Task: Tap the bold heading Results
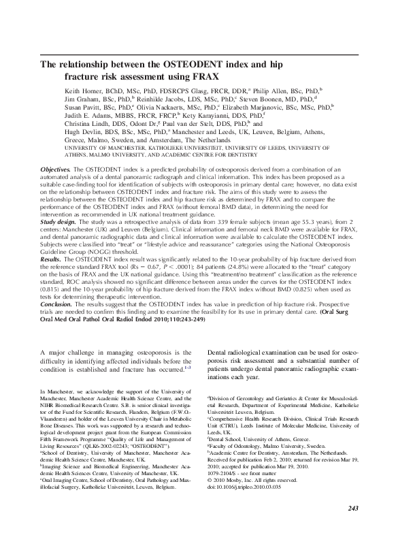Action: (x=53, y=278)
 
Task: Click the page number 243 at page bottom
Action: (x=352, y=508)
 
